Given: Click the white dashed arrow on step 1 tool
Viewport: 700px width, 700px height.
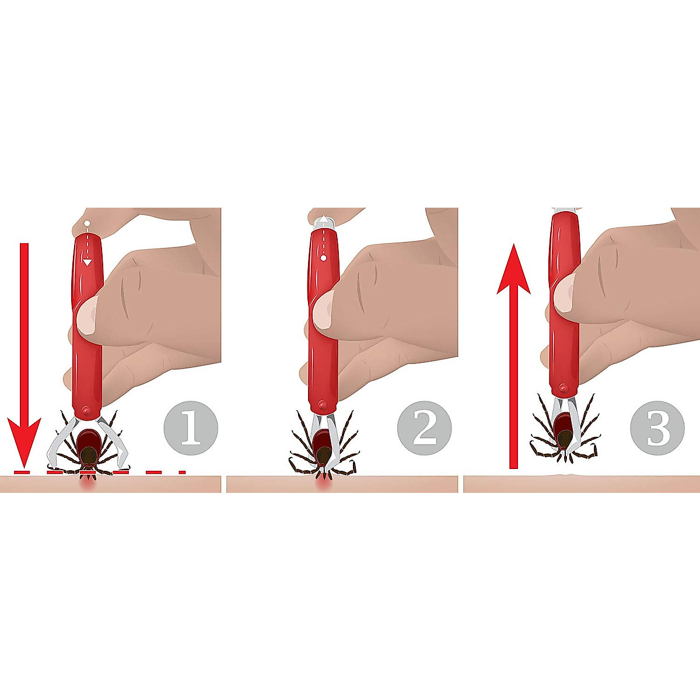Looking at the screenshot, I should [87, 245].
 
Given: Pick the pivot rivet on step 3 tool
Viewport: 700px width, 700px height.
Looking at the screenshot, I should [562, 387].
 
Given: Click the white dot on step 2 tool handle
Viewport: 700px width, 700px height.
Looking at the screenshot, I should [321, 257].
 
